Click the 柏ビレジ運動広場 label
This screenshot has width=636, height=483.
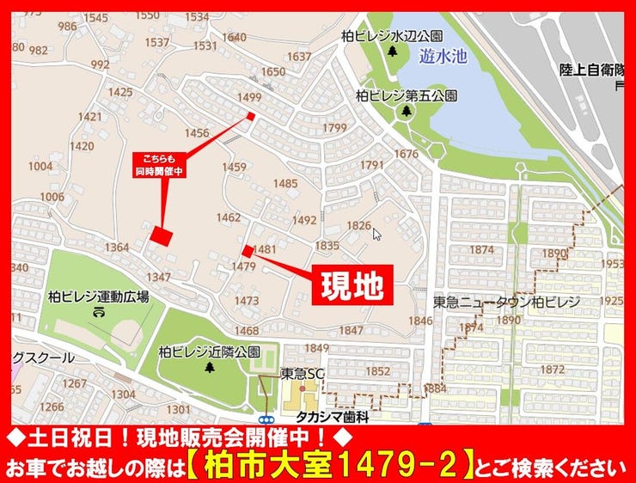100,297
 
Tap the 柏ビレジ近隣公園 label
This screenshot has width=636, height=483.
209,352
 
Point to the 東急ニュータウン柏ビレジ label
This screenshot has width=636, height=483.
507,303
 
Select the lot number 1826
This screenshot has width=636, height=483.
358,225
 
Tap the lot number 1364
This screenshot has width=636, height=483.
116,248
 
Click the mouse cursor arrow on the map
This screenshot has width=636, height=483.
376,233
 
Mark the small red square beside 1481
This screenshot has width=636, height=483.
248,251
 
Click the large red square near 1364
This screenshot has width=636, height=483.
162,234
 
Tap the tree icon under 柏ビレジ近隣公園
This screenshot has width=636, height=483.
210,368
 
